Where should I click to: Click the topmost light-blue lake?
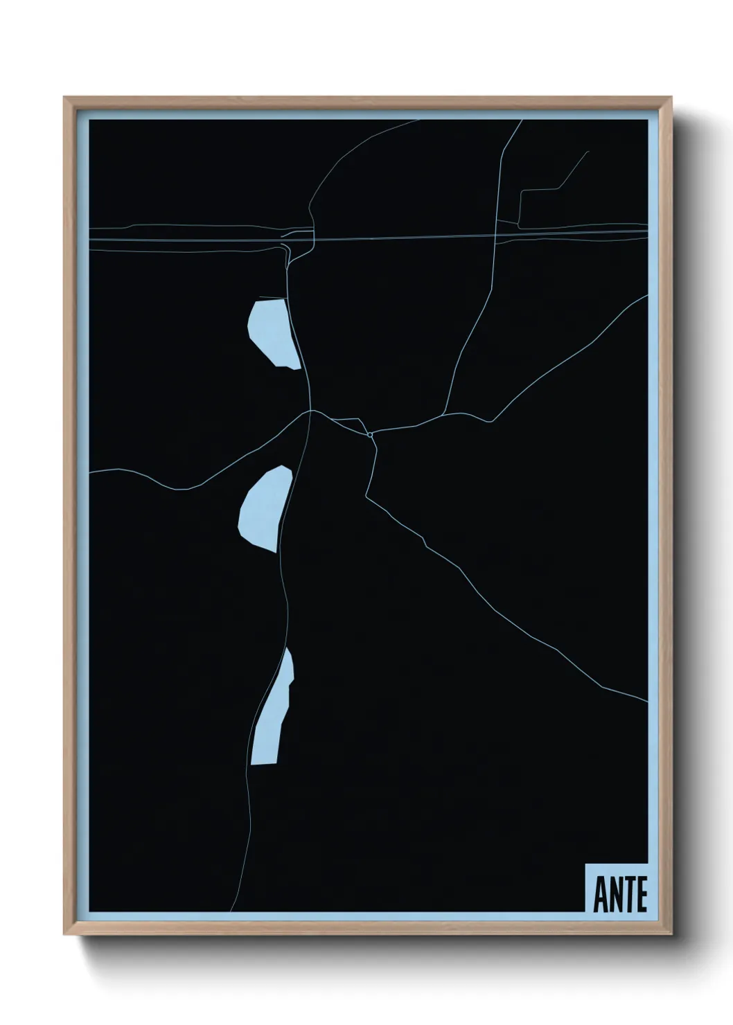272,332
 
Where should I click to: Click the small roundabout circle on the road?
371,434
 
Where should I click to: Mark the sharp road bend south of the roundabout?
366,496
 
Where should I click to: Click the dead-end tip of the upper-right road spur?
588,152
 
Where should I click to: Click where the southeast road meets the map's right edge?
647,702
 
